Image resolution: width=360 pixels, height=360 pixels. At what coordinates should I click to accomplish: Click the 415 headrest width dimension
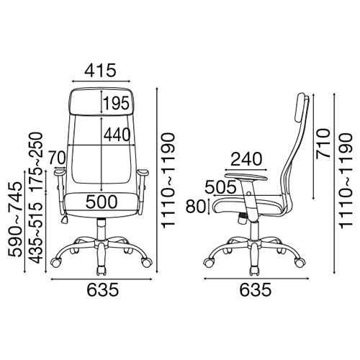click(100, 71)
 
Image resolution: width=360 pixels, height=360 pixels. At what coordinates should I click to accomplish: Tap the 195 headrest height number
click(117, 104)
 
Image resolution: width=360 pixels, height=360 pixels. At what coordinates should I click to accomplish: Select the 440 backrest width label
click(117, 135)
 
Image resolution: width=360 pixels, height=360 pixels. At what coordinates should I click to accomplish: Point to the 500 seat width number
click(102, 202)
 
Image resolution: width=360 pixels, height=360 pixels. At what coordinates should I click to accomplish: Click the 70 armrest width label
click(57, 158)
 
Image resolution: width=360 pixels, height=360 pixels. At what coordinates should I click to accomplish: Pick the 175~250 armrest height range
click(36, 161)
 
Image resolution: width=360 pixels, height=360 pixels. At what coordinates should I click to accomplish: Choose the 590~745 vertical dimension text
click(15, 220)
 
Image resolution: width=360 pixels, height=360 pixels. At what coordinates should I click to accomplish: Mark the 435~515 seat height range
click(36, 233)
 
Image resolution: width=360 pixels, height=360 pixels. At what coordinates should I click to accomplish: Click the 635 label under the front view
click(102, 289)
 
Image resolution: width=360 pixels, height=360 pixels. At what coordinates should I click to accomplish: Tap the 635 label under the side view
click(256, 289)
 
